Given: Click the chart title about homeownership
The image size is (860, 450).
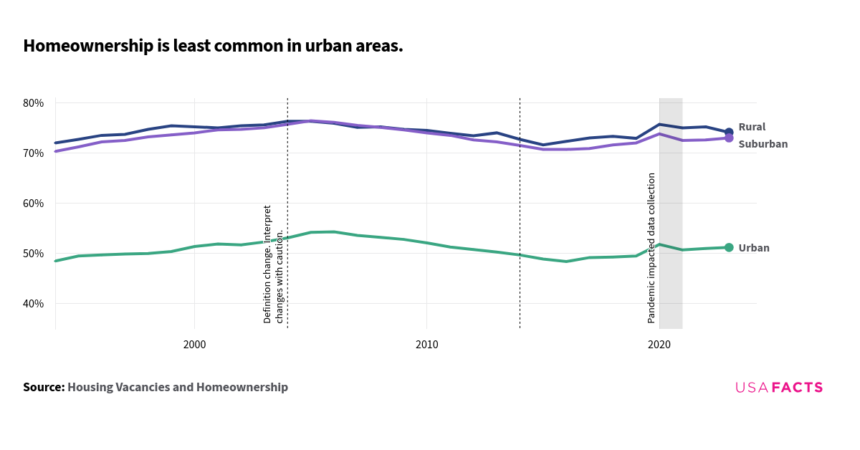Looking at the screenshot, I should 213,47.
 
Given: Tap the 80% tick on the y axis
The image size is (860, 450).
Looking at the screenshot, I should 34,103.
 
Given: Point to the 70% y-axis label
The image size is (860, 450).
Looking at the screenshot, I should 34,153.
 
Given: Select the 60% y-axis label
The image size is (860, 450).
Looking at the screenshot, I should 34,204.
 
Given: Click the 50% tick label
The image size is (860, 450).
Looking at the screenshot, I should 34,254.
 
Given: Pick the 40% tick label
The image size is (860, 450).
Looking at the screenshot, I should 34,304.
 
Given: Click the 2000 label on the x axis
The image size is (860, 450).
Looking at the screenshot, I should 194,345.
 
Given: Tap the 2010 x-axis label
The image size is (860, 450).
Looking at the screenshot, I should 426,345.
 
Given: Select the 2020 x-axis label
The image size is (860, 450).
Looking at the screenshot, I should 659,345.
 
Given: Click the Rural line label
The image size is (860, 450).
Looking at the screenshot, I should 752,127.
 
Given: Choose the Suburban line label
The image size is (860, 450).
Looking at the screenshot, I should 763,144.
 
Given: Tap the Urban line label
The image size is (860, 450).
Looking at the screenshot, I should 754,248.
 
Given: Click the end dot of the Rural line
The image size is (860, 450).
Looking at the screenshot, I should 729,133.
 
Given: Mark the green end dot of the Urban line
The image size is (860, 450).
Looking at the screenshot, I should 729,247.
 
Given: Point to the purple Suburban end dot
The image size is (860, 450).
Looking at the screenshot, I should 729,138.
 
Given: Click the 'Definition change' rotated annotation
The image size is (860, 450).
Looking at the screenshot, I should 273,264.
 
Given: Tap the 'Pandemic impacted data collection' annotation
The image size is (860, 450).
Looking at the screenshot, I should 651,248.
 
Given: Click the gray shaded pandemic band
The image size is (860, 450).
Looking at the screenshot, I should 671,287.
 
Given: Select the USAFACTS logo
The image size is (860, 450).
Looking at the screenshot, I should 779,388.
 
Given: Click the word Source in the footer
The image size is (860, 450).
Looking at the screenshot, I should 43,388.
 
